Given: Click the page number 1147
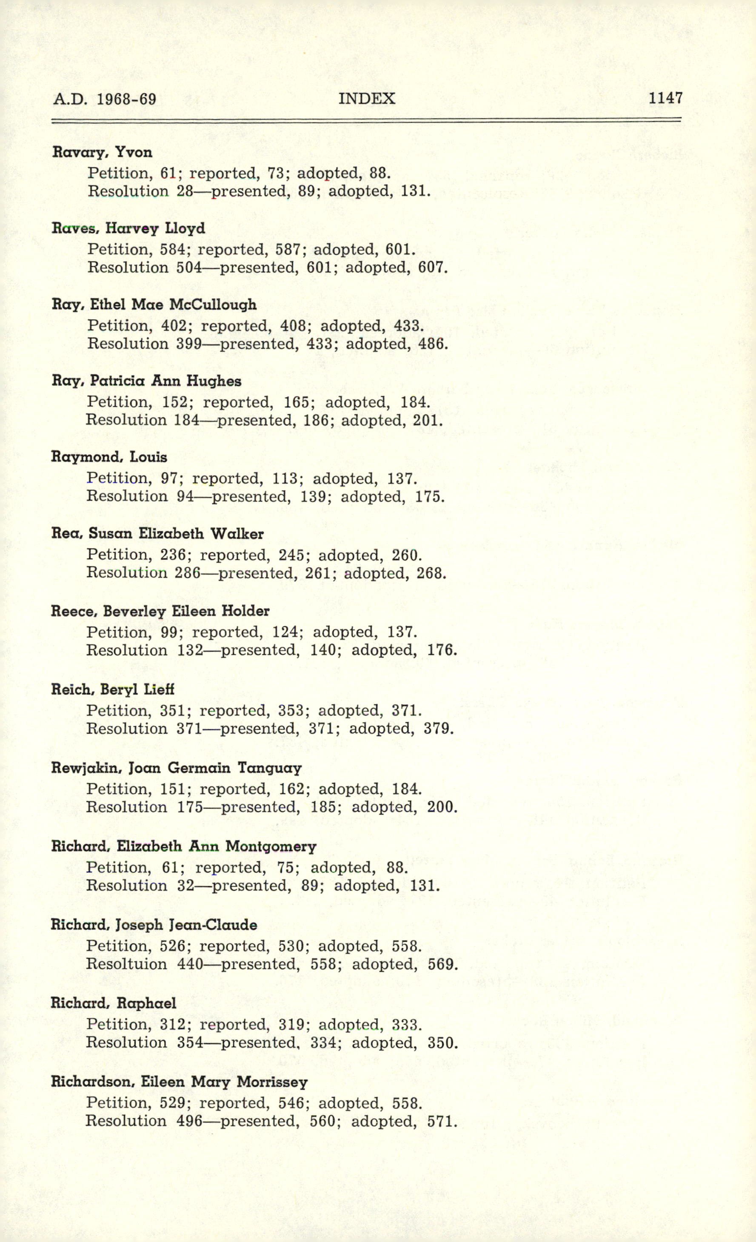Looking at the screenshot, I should pos(665,98).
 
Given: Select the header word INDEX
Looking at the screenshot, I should pos(367,98).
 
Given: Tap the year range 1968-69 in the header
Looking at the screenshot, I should pos(126,99).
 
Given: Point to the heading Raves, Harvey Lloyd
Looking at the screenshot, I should pos(128,228).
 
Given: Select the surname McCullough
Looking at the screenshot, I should pos(213,305).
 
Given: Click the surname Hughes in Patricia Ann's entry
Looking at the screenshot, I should pos(214,381).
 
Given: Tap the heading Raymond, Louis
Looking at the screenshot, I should pos(109,457).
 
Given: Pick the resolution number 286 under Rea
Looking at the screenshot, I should pos(188,573).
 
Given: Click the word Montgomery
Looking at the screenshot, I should pos(271,846).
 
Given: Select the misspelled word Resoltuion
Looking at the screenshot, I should pos(126,964).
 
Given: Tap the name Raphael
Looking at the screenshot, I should pos(146,1003).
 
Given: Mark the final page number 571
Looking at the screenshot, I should pos(442,1121).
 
